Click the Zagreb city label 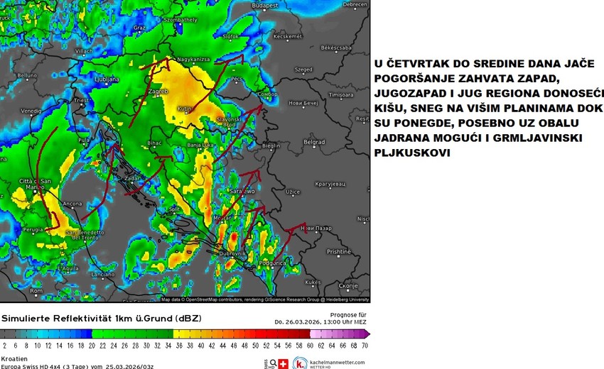tap(158, 92)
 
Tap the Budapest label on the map tap(268, 5)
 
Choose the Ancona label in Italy tap(72, 204)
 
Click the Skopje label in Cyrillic tap(348, 285)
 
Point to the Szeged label tap(303, 70)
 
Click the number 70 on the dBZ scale tap(365, 345)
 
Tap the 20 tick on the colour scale tap(92, 345)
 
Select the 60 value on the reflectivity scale tap(310, 345)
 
